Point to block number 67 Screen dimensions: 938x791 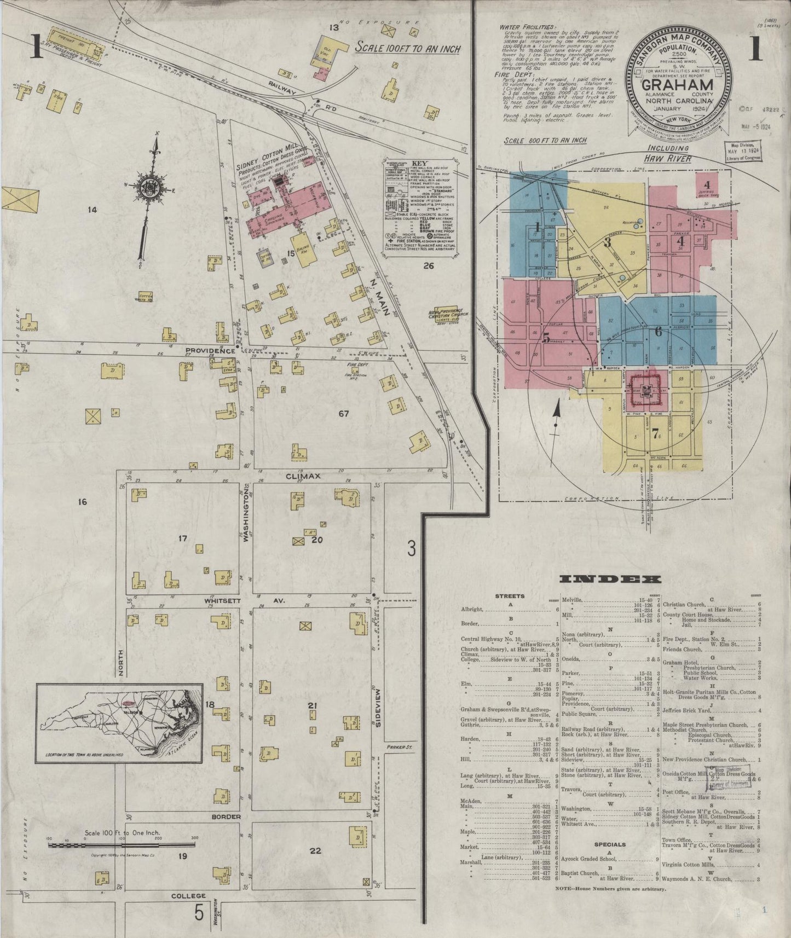343,414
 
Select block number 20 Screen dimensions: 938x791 317,540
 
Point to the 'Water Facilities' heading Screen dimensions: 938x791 527,27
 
